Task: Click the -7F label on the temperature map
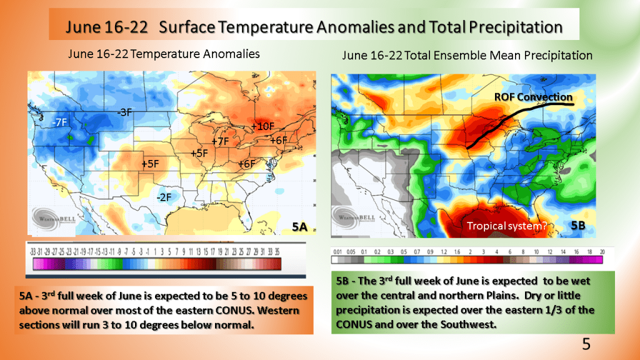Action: click(61, 122)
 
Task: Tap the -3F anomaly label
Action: click(124, 112)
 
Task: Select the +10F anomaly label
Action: click(262, 126)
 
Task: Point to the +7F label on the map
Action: click(220, 142)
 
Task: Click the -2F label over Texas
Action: click(164, 197)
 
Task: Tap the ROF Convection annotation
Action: click(533, 97)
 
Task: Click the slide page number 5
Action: click(586, 343)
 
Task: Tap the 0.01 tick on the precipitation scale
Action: click(338, 251)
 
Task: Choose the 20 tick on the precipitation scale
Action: click(602, 251)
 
